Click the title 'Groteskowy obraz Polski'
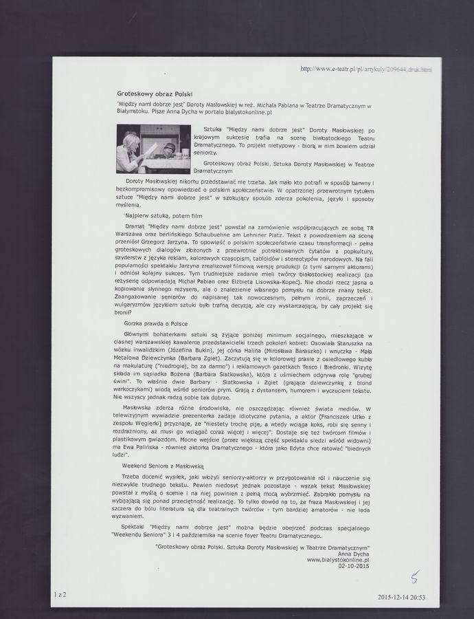tap(155, 93)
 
